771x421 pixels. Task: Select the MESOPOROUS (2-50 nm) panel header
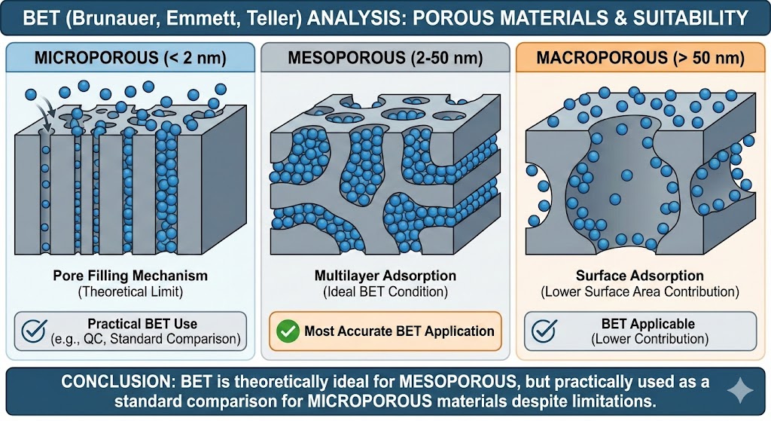385,58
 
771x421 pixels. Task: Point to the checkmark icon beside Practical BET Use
33,331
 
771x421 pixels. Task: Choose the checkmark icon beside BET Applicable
546,331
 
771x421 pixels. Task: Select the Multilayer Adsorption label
385,276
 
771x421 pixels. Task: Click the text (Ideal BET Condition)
385,291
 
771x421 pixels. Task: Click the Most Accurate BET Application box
385,331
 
